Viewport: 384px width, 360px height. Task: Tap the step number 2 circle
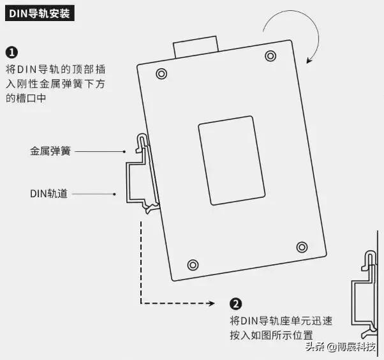click(x=236, y=304)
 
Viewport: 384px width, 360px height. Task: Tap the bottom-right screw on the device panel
click(x=302, y=246)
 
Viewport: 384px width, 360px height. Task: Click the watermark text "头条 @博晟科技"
click(x=341, y=347)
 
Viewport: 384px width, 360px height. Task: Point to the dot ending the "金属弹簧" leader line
click(x=125, y=152)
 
